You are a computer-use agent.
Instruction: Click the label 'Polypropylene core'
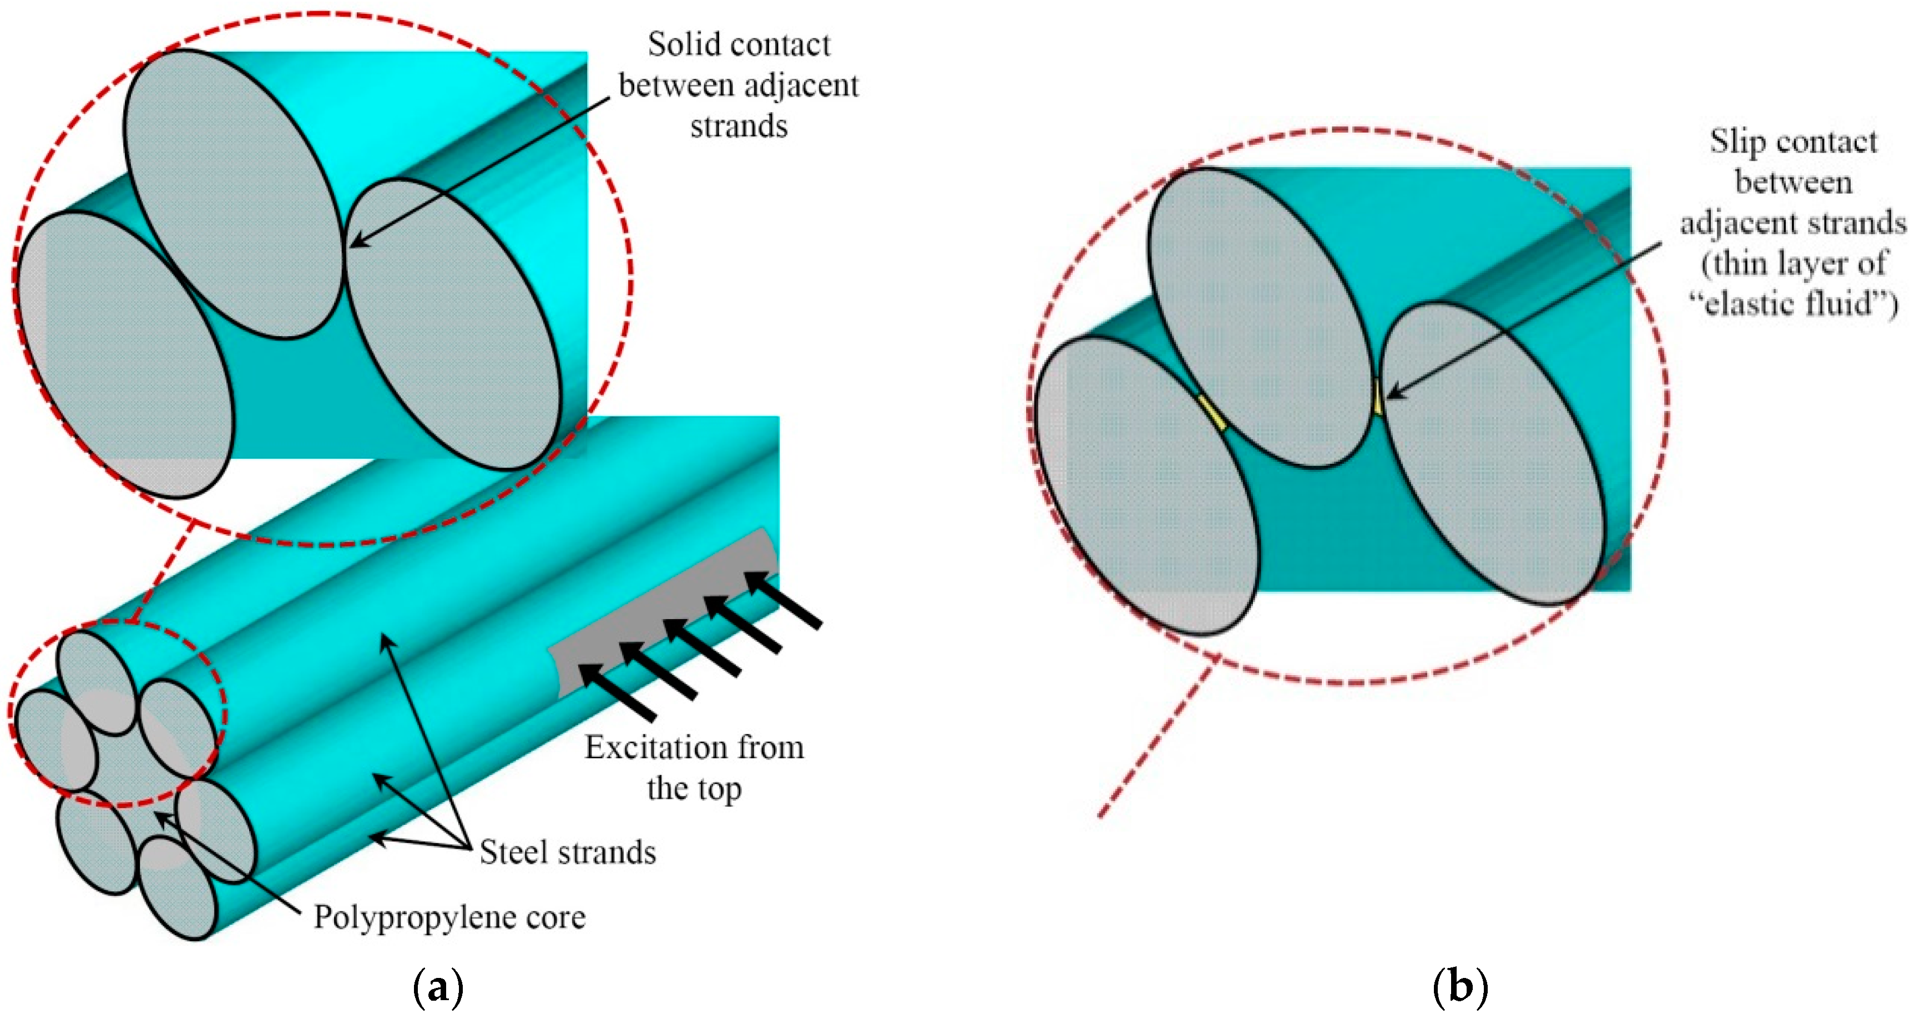pyautogui.click(x=449, y=917)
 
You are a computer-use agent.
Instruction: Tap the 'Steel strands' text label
pyautogui.click(x=567, y=853)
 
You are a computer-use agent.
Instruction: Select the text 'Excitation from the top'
pyautogui.click(x=694, y=768)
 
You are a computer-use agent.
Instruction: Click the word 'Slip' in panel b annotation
pyautogui.click(x=1738, y=142)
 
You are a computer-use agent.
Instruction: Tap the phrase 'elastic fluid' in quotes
pyautogui.click(x=1792, y=304)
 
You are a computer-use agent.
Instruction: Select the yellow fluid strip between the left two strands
pyautogui.click(x=1212, y=413)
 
